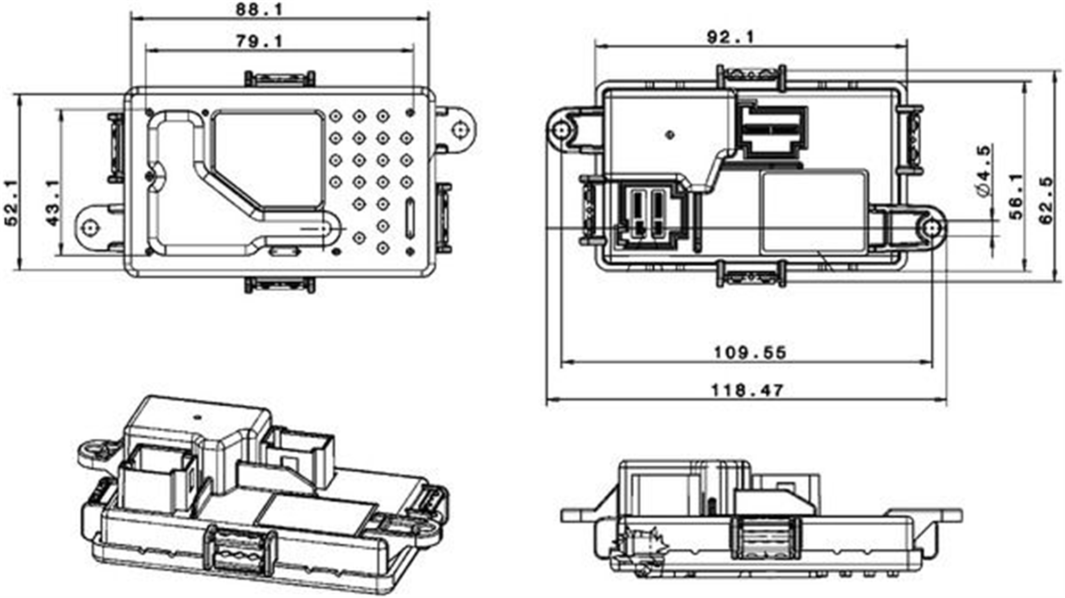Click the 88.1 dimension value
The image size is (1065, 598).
click(260, 9)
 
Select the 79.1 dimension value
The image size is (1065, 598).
click(260, 41)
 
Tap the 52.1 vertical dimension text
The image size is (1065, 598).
click(11, 203)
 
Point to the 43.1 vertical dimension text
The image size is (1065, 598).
click(53, 203)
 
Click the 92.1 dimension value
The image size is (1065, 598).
click(731, 37)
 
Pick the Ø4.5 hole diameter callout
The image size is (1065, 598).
click(984, 171)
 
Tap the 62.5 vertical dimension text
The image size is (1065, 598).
click(1046, 201)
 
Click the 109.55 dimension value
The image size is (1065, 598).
click(750, 352)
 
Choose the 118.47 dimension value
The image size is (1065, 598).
click(748, 390)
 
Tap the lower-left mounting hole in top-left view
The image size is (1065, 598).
click(90, 227)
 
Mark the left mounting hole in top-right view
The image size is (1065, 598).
click(561, 130)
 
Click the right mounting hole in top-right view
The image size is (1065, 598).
click(931, 228)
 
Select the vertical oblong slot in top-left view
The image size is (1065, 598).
click(409, 219)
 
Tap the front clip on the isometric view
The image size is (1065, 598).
click(240, 551)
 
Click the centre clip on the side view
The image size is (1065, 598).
click(765, 538)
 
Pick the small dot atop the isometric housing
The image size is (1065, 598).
click(198, 418)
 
